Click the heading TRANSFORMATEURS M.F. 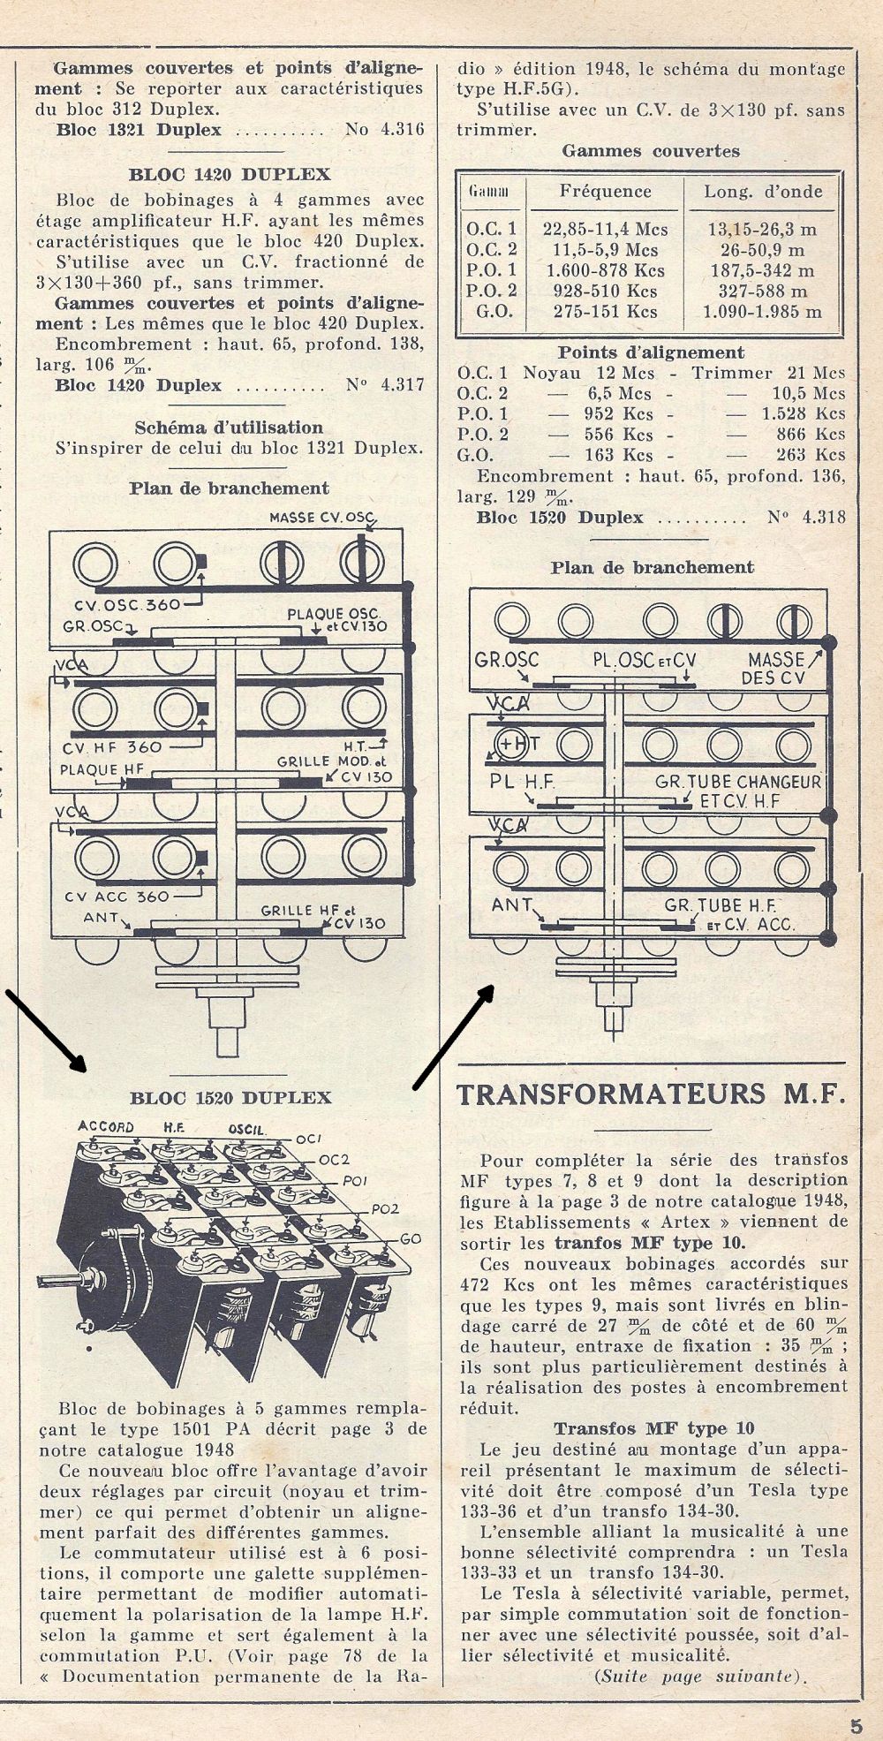click(x=651, y=1094)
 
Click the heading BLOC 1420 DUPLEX click(x=230, y=174)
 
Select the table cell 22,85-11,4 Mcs click(x=605, y=230)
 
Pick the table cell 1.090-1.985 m click(x=763, y=312)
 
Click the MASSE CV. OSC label click(x=322, y=518)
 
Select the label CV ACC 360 click(x=116, y=897)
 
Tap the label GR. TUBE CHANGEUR click(x=738, y=782)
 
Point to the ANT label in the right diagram click(x=512, y=905)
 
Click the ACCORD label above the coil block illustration click(x=106, y=1127)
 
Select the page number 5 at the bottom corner click(x=856, y=1724)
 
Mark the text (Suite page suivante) click(x=703, y=1677)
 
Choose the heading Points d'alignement click(x=651, y=352)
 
